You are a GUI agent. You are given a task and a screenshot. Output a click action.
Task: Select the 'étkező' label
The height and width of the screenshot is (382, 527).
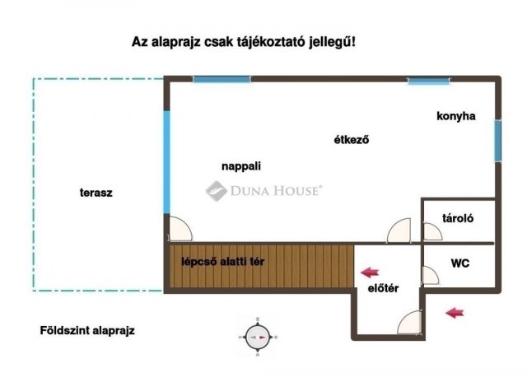(350, 139)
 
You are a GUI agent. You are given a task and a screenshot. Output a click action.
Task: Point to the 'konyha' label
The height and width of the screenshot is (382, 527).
(455, 116)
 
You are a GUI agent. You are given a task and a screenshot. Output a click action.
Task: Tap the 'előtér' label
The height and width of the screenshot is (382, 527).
(383, 287)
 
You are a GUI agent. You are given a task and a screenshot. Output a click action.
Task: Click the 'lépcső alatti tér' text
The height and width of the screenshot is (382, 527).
(223, 262)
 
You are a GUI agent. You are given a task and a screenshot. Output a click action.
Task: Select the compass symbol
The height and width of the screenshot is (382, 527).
(258, 336)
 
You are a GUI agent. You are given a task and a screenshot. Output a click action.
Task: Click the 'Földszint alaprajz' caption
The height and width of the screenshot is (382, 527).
(87, 330)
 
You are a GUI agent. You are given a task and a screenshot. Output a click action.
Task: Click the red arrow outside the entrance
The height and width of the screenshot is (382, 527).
(454, 311)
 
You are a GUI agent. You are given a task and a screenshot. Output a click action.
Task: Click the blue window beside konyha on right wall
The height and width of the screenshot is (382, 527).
(497, 142)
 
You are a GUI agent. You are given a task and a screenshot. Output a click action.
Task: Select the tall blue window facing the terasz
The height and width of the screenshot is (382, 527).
(166, 163)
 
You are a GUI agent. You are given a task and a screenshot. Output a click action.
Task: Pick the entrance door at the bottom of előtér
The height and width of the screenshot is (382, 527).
(410, 323)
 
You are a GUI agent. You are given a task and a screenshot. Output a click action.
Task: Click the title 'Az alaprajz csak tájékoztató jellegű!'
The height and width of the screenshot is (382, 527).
(245, 41)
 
